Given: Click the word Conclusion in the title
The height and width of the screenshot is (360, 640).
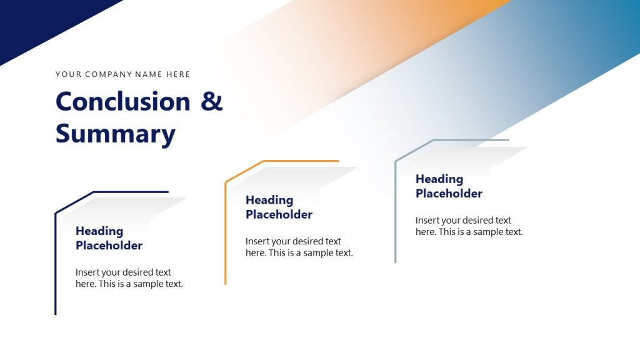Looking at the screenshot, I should (122, 102).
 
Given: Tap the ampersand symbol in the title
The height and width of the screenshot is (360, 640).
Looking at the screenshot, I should (212, 102).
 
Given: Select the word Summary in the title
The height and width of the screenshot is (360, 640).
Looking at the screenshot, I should (116, 134).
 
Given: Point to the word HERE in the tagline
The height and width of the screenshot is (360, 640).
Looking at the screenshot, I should (178, 74).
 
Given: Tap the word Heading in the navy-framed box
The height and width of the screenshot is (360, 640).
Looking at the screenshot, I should (99, 231).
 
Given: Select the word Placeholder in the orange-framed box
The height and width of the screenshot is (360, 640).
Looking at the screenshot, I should (279, 214).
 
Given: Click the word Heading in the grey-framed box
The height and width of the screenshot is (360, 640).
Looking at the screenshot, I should (439, 179).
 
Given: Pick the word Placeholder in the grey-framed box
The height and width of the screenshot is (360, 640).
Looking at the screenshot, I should (449, 194).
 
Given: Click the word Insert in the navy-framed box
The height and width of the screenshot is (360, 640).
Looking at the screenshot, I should (87, 272).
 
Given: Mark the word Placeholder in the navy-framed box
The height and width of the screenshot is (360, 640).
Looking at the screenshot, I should (109, 246).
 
